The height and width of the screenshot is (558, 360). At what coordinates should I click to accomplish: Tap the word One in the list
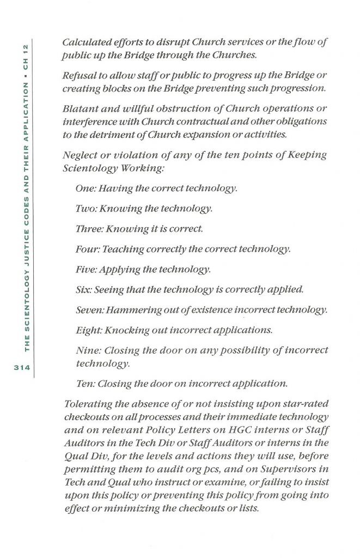(x=86, y=189)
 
